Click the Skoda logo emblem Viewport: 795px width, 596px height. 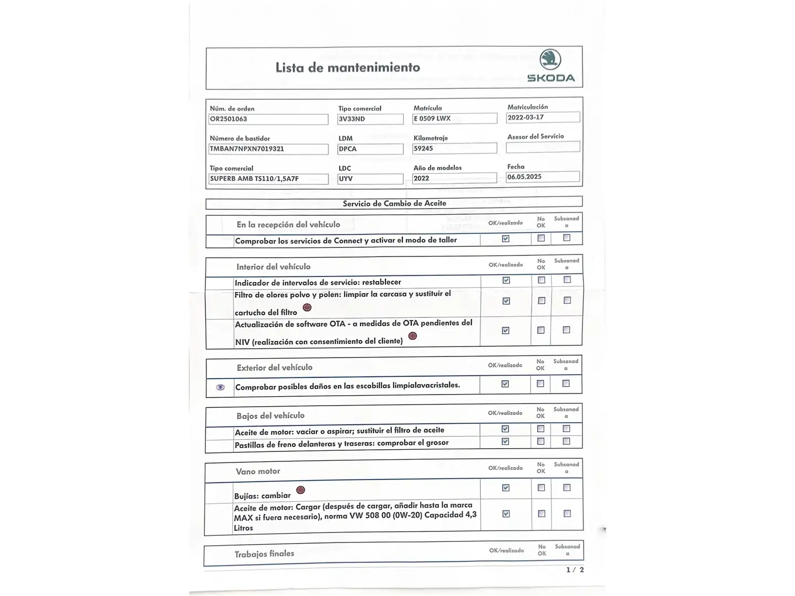[x=550, y=60]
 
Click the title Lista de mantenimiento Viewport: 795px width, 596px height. [x=348, y=67]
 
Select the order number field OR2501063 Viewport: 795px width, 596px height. [x=268, y=119]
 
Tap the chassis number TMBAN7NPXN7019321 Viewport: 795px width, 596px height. [x=268, y=149]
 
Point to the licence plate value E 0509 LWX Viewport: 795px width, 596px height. [x=455, y=119]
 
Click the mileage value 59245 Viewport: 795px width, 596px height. [x=455, y=148]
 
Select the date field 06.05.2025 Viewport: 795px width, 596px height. [x=543, y=177]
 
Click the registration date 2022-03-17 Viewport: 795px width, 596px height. [x=543, y=118]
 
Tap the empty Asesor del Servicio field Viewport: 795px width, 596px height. [x=543, y=147]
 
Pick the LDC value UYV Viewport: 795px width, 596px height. [x=370, y=179]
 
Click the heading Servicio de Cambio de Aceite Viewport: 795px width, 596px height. [x=394, y=204]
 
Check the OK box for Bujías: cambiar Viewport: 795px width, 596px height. [x=506, y=488]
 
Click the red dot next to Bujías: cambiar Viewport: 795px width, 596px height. [x=300, y=490]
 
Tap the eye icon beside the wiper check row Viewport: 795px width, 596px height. [x=220, y=387]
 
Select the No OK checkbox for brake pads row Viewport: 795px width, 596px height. [x=540, y=441]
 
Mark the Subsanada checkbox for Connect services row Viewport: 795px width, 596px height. [x=566, y=238]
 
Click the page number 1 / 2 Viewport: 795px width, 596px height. [x=575, y=570]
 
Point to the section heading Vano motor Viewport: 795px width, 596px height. [x=258, y=471]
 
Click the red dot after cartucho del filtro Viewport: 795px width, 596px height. [x=307, y=307]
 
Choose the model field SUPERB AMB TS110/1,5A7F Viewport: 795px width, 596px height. [x=268, y=179]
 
